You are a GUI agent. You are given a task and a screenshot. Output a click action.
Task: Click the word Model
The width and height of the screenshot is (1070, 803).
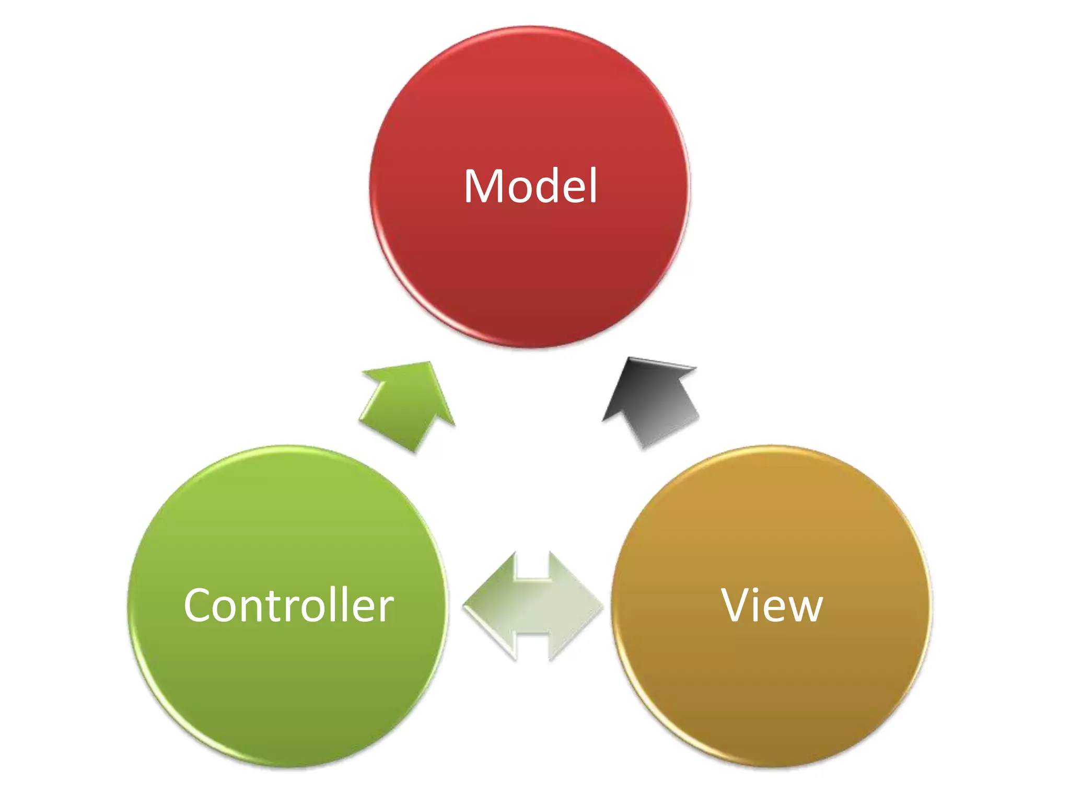coord(530,186)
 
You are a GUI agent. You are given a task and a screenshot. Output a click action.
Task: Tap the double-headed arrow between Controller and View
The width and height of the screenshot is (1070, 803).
coord(533,606)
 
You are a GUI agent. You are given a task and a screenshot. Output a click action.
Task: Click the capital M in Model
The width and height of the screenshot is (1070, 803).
coord(485,186)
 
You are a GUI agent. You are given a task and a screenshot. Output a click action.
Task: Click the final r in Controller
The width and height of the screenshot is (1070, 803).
coord(387,609)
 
